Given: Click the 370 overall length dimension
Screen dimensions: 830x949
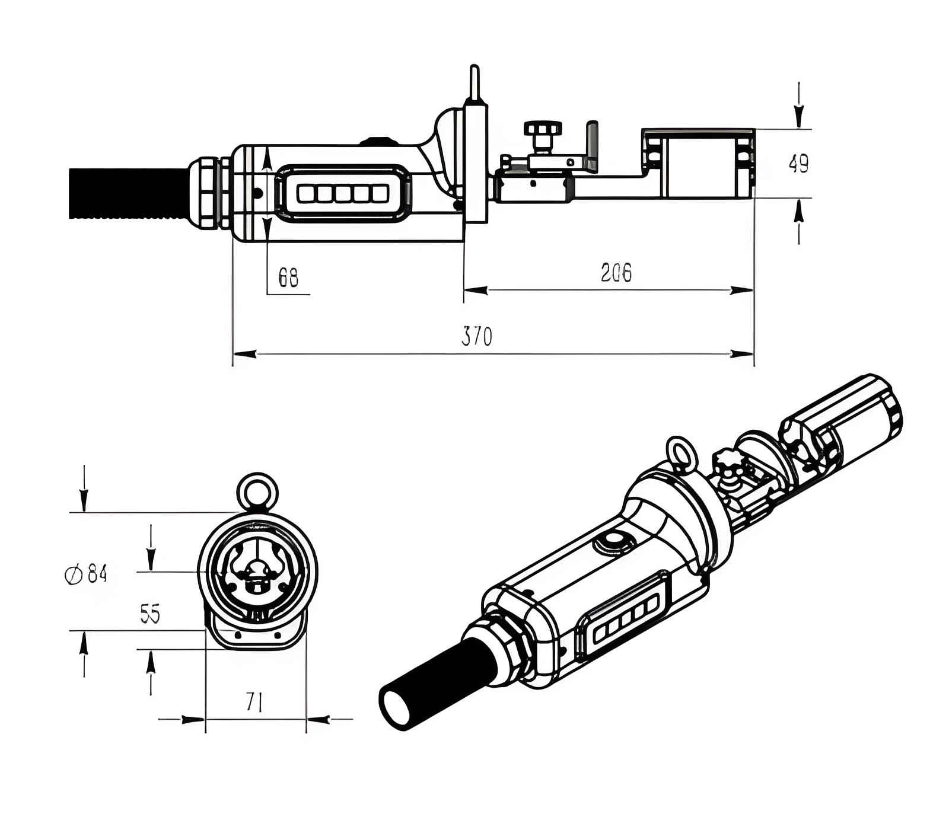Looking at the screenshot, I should [477, 337].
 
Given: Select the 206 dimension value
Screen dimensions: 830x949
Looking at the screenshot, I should [616, 273].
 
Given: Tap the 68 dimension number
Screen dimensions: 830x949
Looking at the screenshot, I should [288, 277].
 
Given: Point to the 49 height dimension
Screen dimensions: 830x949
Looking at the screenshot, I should [798, 164].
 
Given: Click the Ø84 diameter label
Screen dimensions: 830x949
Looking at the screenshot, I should [86, 574].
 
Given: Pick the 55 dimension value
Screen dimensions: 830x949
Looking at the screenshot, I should [150, 614].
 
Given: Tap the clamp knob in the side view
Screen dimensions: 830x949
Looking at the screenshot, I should [542, 129].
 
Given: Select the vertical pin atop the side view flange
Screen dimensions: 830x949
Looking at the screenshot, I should [474, 83].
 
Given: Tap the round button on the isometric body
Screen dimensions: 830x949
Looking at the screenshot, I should [613, 542].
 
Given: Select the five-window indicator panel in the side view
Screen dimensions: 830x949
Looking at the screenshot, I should [343, 193].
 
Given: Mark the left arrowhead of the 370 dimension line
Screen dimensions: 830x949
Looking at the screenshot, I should [244, 354].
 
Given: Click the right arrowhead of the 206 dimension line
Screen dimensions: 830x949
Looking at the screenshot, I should [742, 290].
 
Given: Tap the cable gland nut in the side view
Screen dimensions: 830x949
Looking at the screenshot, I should [208, 192].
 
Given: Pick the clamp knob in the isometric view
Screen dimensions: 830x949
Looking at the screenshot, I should [727, 460].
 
